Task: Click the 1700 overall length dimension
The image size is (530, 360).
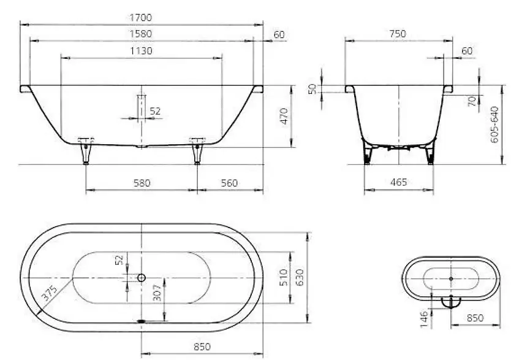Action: point(141,17)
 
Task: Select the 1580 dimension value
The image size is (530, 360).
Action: point(141,34)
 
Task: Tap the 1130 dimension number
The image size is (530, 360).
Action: point(141,51)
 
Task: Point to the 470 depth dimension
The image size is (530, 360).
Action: point(284,116)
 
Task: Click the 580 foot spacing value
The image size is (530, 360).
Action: point(142,183)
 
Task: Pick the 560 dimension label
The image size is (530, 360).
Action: point(229,183)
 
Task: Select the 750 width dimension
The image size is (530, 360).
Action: point(398,34)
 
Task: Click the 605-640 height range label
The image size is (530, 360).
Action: point(494,124)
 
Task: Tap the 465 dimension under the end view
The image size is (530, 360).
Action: point(398,182)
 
